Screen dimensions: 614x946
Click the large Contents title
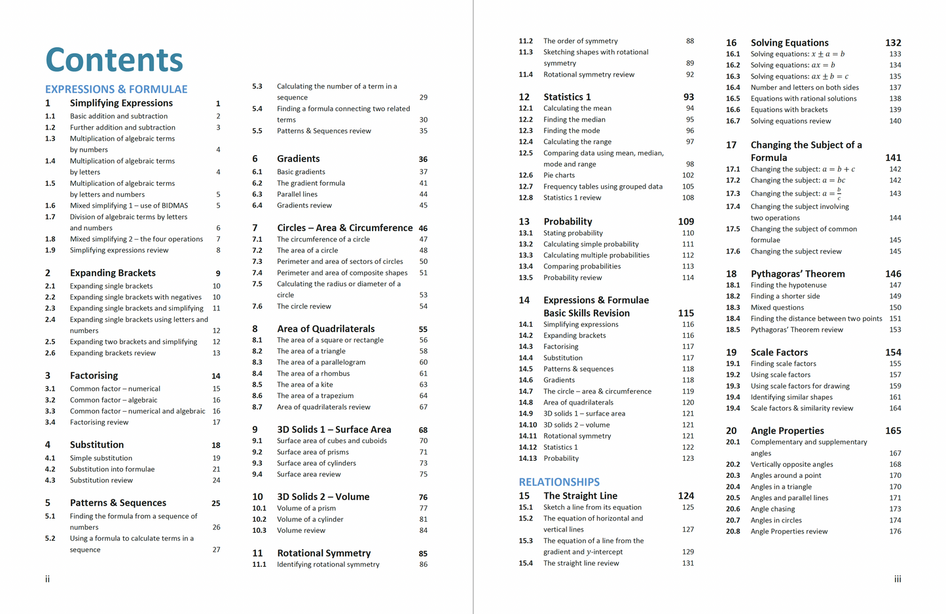coord(114,60)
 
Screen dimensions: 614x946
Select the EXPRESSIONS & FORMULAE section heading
coord(116,89)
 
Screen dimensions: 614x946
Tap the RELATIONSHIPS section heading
coord(559,482)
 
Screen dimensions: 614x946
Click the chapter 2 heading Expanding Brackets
coord(113,273)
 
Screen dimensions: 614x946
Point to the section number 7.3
coord(257,261)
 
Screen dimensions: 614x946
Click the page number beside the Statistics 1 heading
coord(689,97)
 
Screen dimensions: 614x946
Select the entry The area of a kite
coord(304,384)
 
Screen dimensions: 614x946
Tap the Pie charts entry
coord(559,175)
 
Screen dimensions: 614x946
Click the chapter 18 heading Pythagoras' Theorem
coord(797,274)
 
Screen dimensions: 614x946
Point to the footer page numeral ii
coord(47,579)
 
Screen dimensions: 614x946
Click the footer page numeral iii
coord(898,579)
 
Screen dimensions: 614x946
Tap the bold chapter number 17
coord(731,145)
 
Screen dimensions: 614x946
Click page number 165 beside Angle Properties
coord(893,431)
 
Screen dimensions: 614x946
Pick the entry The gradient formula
coord(310,183)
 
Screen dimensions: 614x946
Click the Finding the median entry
coord(574,119)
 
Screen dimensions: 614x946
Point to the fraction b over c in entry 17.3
coord(839,194)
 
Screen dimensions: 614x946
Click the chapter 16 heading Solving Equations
coord(789,43)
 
